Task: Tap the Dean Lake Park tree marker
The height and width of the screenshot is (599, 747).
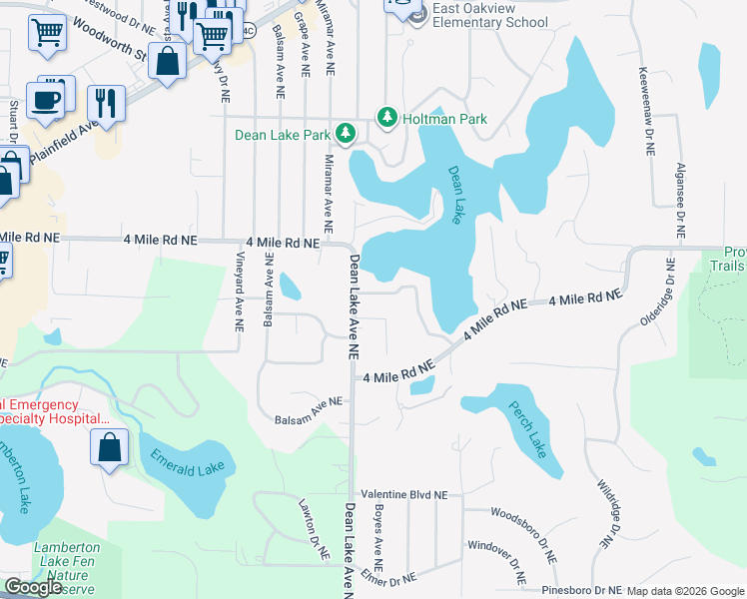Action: pyautogui.click(x=346, y=134)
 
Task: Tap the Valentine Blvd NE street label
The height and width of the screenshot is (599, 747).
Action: pyautogui.click(x=404, y=494)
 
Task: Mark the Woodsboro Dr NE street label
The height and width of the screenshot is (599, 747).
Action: pyautogui.click(x=523, y=528)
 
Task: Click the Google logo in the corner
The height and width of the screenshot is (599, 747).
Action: pyautogui.click(x=33, y=587)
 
